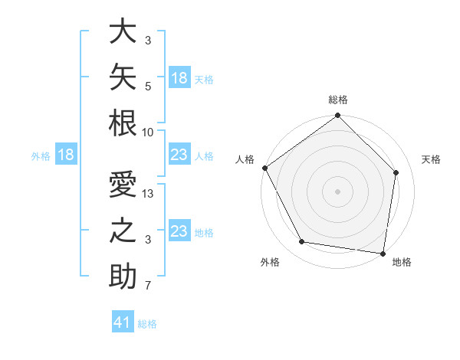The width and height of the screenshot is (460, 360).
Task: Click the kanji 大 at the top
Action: tap(123, 31)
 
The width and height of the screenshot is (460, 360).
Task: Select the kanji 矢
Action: tap(123, 77)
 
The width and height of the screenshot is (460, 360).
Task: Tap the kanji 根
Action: tap(123, 123)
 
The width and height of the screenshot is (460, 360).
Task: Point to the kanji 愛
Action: tap(123, 184)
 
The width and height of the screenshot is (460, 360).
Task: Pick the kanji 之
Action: tap(123, 230)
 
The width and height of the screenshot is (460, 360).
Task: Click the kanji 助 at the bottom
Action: tap(123, 277)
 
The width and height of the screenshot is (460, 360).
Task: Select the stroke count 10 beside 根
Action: tap(147, 133)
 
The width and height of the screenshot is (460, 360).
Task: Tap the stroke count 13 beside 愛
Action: tap(147, 194)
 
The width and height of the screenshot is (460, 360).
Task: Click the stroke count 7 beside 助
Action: tap(148, 286)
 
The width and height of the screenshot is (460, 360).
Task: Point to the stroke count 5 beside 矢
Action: tap(148, 87)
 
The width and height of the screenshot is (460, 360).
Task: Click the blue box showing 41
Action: tap(123, 321)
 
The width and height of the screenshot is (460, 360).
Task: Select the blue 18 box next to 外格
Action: tap(66, 154)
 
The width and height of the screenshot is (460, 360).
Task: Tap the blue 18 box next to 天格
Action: tap(180, 77)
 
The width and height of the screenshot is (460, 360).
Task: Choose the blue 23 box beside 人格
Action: tap(180, 154)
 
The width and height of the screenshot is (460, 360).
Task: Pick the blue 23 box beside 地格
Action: tap(180, 230)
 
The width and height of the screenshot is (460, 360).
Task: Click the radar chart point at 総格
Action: tap(337, 115)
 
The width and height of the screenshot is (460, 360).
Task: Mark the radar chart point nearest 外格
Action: tap(302, 241)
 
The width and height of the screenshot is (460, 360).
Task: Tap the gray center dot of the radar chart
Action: tap(337, 191)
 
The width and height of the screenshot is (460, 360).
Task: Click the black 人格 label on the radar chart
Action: tap(245, 159)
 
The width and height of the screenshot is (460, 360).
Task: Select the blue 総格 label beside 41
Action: tap(147, 324)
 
